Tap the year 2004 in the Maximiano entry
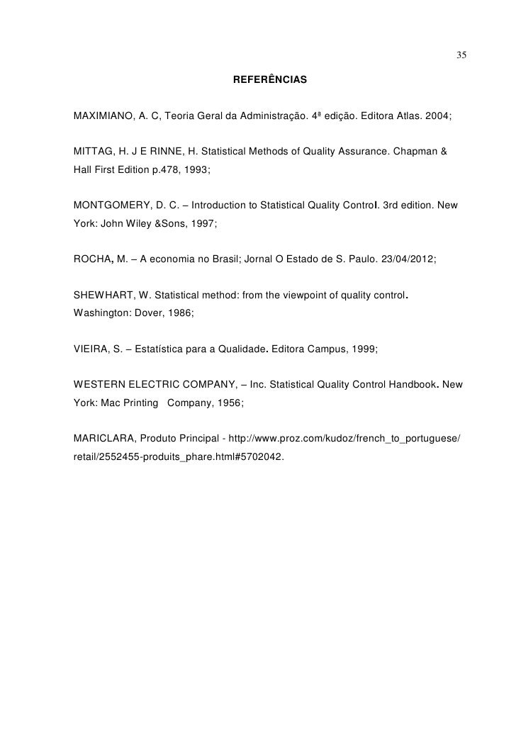pyautogui.click(x=437, y=115)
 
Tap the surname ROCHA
pyautogui.click(x=91, y=260)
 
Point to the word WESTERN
pyautogui.click(x=99, y=387)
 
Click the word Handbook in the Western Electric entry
pyautogui.click(x=410, y=387)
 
